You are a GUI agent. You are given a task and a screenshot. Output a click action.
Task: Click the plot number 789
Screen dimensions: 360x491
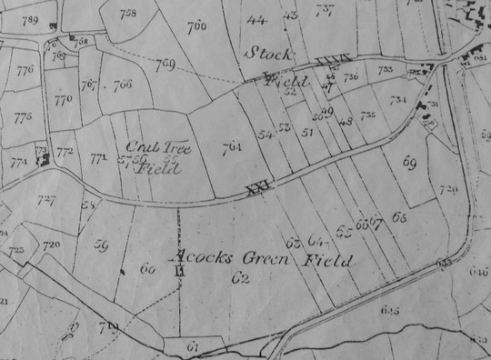tap(29, 19)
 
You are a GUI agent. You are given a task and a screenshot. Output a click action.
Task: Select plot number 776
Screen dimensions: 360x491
tap(25, 70)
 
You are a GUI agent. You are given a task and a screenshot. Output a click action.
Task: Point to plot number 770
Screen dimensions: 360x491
tap(63, 101)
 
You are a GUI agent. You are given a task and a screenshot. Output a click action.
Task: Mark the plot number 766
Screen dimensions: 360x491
tap(123, 85)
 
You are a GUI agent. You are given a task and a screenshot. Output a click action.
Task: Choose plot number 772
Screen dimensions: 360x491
tap(64, 152)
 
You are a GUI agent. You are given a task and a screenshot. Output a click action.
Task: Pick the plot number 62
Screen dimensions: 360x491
tap(240, 277)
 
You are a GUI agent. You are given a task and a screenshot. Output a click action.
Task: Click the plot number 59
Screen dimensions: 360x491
tap(102, 244)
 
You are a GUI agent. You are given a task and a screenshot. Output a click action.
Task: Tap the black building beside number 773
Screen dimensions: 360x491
tap(42, 158)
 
